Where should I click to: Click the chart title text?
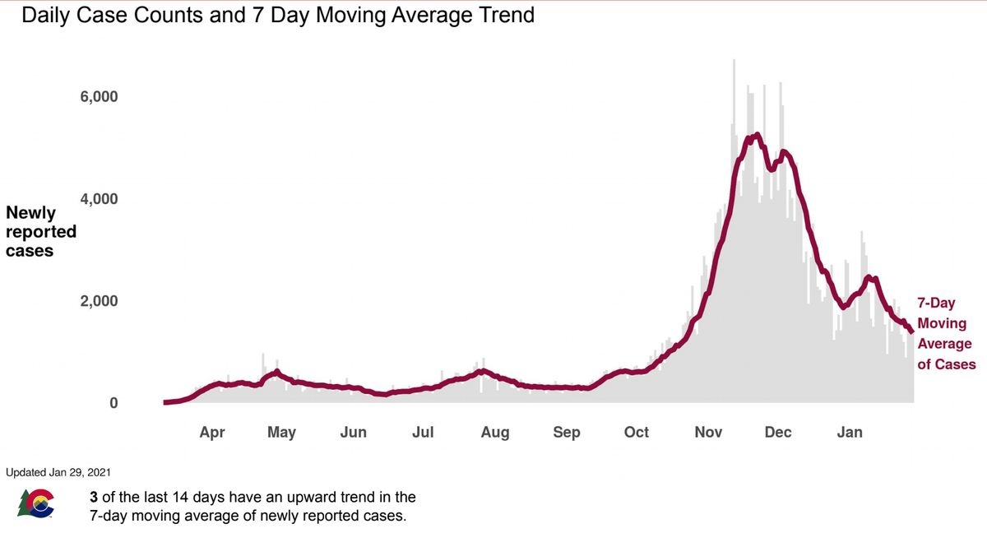278,16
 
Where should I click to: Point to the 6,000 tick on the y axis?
99,97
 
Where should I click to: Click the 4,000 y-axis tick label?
99,199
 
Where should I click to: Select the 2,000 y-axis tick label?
99,301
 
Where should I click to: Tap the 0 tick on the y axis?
114,404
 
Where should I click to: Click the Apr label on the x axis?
213,432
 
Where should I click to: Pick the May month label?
281,432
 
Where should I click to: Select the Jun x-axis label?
353,432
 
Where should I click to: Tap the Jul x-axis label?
423,432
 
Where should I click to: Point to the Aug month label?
495,432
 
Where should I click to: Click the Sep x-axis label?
567,432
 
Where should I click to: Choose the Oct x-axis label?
637,432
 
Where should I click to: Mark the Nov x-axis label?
708,432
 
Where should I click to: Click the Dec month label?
778,432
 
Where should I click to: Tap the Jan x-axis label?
850,432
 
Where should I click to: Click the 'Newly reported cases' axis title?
41,232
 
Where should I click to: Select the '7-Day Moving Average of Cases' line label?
946,334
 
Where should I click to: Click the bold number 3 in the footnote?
95,498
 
